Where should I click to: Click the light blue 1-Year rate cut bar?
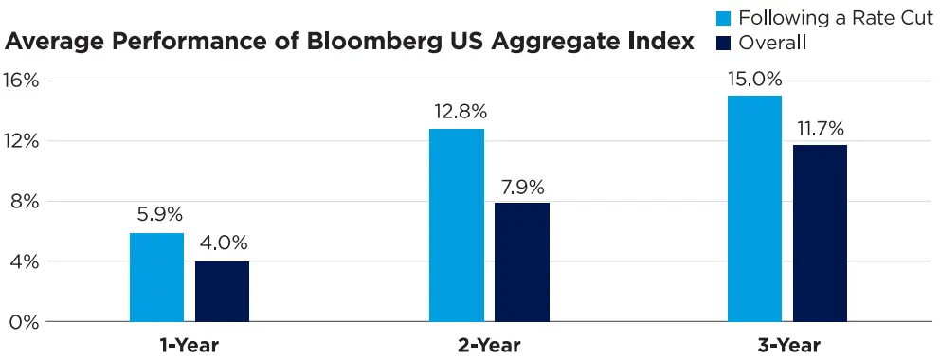tap(156, 277)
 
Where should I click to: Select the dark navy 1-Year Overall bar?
tap(222, 291)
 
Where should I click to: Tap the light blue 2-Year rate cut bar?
tap(456, 225)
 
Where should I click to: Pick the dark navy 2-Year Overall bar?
tap(521, 261)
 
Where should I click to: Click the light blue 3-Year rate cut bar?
tap(754, 208)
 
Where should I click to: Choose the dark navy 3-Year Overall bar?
tap(820, 233)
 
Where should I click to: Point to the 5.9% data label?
tap(156, 214)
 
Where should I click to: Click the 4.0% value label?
tap(223, 243)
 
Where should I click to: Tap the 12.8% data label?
tap(456, 110)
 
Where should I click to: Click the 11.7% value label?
tap(820, 126)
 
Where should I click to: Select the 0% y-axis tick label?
tap(25, 322)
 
